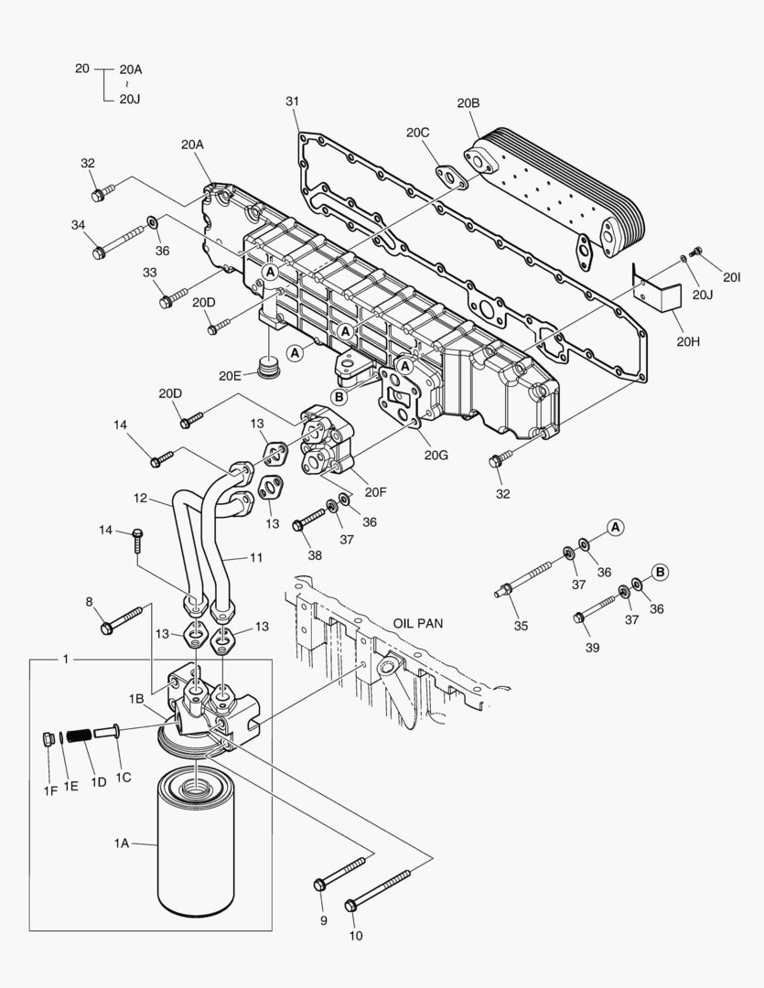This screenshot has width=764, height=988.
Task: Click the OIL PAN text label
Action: point(418,622)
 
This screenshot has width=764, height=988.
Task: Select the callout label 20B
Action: point(468,103)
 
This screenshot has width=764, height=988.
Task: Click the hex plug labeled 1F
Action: point(49,739)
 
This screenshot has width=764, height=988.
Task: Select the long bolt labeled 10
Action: point(385,887)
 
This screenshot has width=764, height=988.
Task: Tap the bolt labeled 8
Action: point(123,619)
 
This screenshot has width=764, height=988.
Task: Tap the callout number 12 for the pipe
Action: point(140,499)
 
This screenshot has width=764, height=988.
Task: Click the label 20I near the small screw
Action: point(731,277)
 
